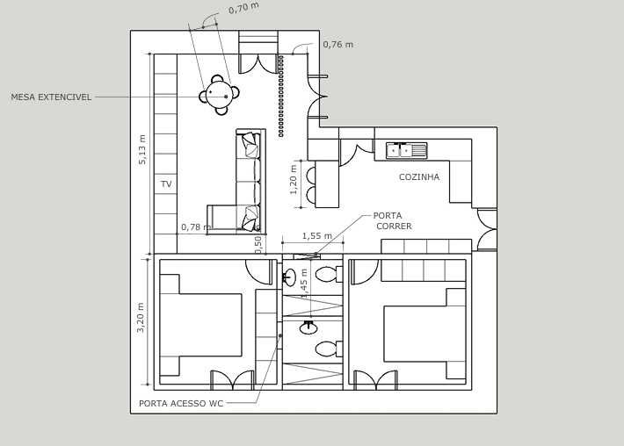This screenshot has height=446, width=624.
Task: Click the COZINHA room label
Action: [x=418, y=177]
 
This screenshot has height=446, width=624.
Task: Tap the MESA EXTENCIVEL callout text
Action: [x=51, y=97]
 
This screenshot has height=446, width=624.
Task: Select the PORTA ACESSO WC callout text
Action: [x=181, y=404]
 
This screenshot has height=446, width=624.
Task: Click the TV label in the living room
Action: [x=166, y=184]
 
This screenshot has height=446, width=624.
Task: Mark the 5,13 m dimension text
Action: [x=142, y=149]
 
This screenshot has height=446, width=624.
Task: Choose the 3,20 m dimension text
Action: [x=141, y=317]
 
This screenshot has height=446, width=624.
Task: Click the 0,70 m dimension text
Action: [x=243, y=9]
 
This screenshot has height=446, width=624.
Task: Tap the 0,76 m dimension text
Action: [x=337, y=45]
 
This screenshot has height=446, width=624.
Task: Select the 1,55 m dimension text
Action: [x=316, y=235]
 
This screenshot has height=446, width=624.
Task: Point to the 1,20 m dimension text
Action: [x=294, y=179]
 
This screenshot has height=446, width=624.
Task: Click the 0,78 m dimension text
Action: [x=195, y=227]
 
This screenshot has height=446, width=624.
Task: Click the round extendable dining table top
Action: [x=218, y=94]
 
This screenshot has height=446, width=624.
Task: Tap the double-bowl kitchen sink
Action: [x=406, y=150]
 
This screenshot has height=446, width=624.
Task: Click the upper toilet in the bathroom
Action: [x=327, y=274]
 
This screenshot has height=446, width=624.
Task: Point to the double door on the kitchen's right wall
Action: [x=486, y=229]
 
